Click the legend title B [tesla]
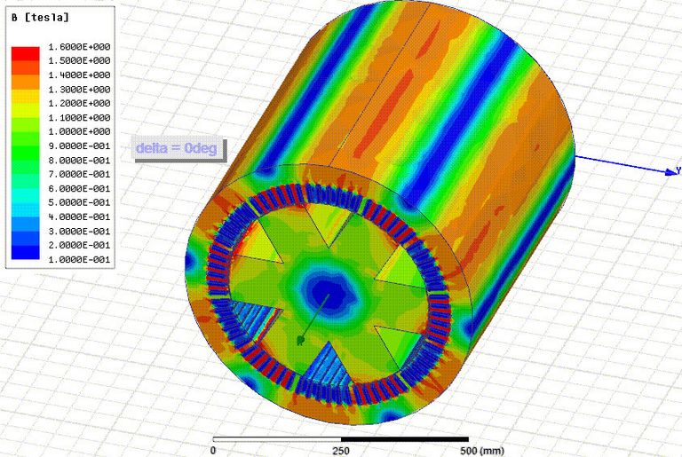click(x=40, y=18)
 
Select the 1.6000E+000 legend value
click(x=79, y=47)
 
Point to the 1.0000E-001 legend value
click(x=79, y=260)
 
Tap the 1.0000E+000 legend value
click(x=79, y=131)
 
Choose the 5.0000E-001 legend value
click(x=79, y=202)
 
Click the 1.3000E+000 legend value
click(x=79, y=90)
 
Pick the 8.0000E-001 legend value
click(x=79, y=161)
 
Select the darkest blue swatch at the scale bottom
click(x=25, y=253)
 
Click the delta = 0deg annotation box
click(x=178, y=149)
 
